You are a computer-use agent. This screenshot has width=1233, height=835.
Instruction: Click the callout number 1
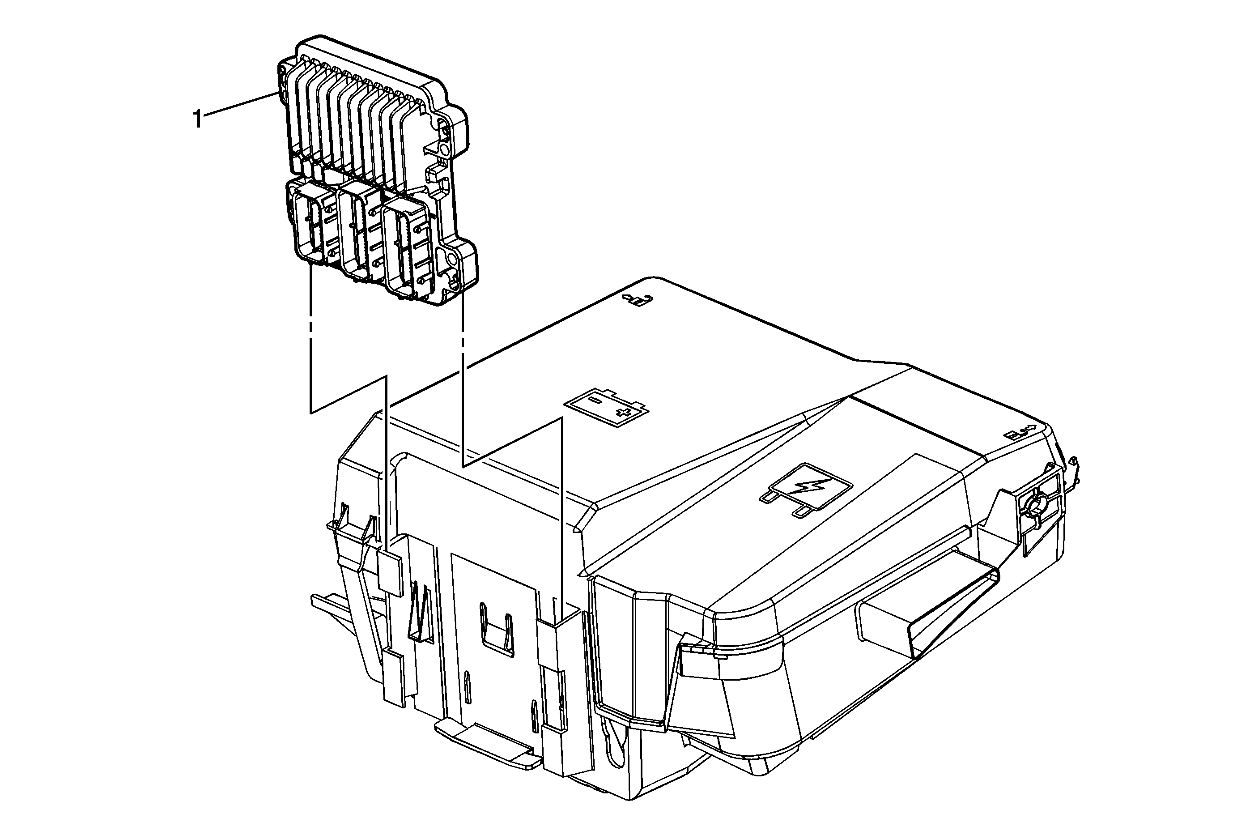point(197,119)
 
